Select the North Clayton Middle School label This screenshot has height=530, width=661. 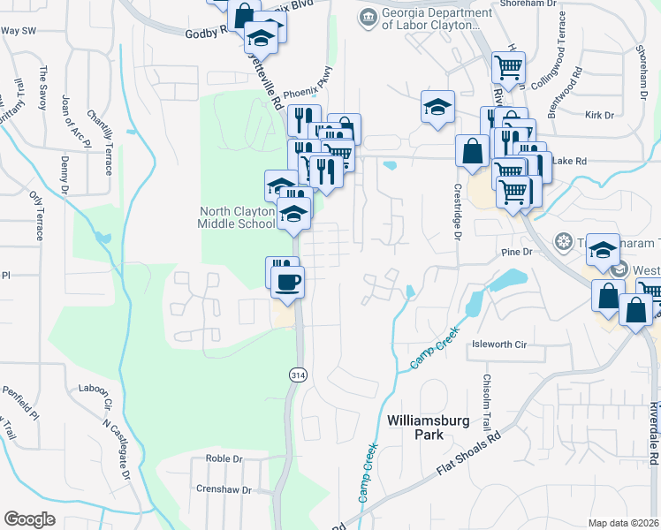tap(238, 217)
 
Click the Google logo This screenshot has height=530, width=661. tap(29, 519)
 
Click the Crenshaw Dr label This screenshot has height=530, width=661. tap(223, 489)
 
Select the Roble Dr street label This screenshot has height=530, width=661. tap(224, 458)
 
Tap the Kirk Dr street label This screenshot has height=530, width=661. tap(598, 116)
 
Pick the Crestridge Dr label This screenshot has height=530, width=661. tap(458, 211)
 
